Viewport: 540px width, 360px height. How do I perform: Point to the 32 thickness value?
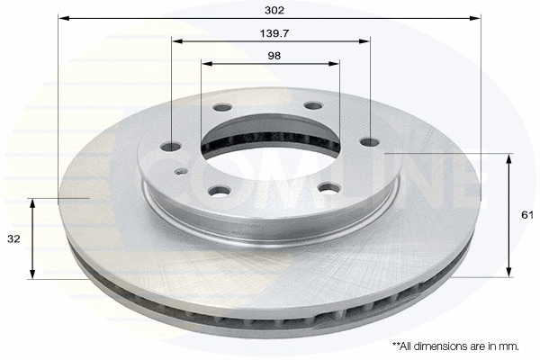[x=13, y=239]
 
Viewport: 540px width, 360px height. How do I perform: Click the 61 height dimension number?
[x=527, y=215]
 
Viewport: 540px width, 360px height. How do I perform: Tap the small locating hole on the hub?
[x=181, y=170]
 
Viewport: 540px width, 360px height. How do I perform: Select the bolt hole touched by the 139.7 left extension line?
[x=172, y=147]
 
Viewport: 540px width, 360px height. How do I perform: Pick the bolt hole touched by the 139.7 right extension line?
[x=369, y=140]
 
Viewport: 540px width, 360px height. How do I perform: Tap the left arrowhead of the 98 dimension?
[x=206, y=64]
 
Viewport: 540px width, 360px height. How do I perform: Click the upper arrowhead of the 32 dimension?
[x=33, y=203]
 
